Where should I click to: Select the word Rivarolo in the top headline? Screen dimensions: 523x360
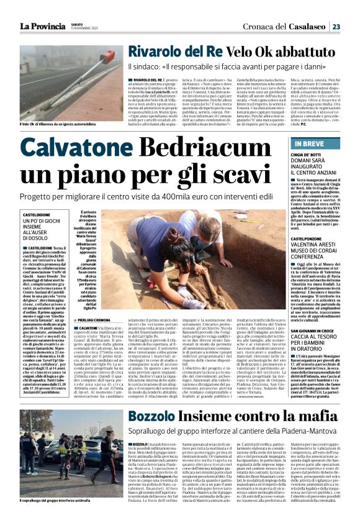click(158, 52)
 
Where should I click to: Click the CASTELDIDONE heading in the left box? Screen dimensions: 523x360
click(37, 214)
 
